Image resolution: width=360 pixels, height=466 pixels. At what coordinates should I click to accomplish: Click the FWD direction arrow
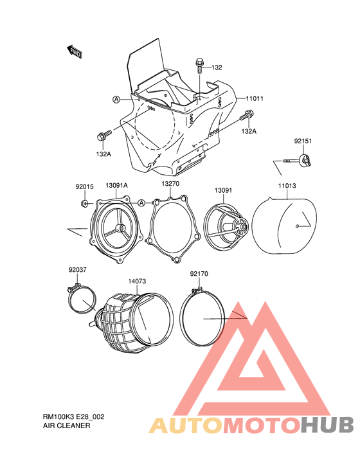74,51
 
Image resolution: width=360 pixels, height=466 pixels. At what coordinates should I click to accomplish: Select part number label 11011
255,98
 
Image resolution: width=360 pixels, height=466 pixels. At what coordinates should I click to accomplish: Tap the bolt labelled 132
199,66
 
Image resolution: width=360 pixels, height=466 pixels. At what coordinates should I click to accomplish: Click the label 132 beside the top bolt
217,67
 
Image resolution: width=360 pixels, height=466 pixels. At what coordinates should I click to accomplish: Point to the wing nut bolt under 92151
297,160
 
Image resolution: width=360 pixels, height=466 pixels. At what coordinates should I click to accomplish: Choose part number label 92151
303,141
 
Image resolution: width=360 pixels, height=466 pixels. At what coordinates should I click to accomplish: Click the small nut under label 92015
84,203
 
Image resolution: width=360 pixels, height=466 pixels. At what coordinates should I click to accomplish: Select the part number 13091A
116,185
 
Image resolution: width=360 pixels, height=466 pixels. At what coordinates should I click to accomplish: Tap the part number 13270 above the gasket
170,184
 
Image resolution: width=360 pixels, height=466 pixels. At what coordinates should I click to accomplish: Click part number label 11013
287,186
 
